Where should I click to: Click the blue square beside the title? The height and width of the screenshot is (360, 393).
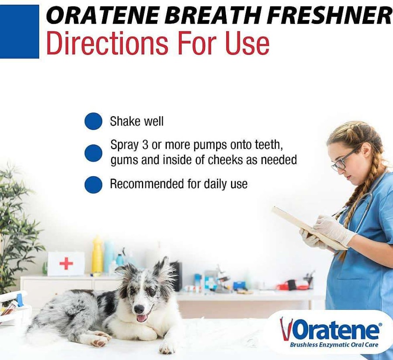pos(19,31)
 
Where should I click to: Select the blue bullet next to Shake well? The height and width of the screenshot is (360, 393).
pos(93,121)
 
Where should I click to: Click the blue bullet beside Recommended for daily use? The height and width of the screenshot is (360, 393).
pos(93,185)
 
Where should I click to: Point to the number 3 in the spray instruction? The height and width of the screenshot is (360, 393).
pos(145,144)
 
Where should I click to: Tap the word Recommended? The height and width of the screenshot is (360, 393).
pos(147,184)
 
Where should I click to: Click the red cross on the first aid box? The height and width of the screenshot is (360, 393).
pos(66,263)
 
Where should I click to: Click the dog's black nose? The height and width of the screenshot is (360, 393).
pos(138,309)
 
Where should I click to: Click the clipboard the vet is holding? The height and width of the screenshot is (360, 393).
pos(309,227)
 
